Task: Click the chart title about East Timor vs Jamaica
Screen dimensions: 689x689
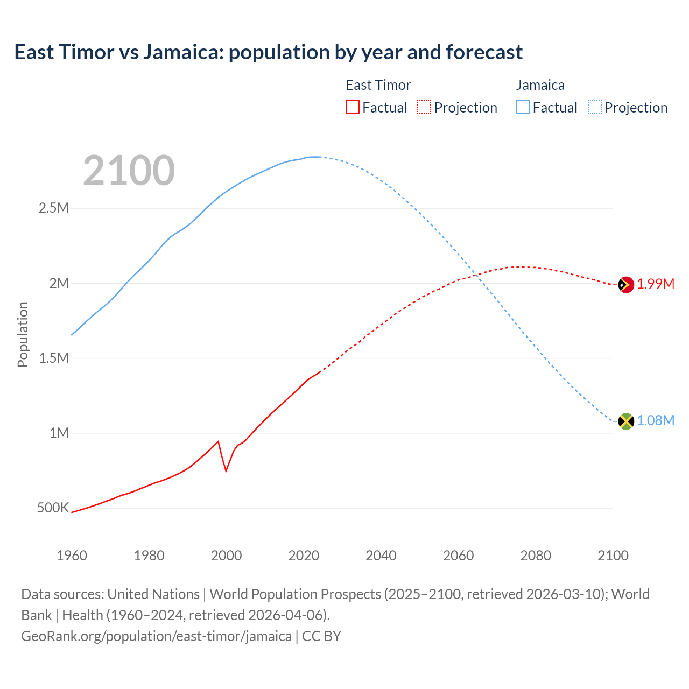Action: pos(268,52)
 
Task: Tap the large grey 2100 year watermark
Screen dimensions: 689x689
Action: pos(129,171)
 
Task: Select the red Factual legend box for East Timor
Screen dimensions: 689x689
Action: pos(352,107)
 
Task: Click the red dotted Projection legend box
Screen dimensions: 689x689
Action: pos(424,107)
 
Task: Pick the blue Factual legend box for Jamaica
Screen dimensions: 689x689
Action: pos(522,107)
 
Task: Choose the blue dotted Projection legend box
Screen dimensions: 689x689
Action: pos(594,107)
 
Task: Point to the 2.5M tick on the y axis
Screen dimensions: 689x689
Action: pos(54,208)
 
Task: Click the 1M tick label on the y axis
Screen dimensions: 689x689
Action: pos(59,433)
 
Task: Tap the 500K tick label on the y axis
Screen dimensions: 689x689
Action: pos(53,508)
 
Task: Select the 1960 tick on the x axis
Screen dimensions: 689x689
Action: pos(72,555)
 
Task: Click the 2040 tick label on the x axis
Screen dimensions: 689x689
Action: pos(381,555)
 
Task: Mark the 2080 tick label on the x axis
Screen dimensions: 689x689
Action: pos(536,555)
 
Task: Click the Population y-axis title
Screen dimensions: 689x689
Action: pos(23,334)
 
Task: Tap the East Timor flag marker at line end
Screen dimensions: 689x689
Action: pos(625,284)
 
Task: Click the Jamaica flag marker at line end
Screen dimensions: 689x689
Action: pos(625,421)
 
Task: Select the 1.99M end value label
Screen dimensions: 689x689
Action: pos(656,284)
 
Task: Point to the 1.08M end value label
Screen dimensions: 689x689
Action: pos(656,420)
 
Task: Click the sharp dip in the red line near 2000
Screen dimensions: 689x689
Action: pos(226,470)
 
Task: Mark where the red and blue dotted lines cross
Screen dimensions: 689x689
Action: pos(477,276)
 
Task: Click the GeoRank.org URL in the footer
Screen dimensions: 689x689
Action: pos(156,636)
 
